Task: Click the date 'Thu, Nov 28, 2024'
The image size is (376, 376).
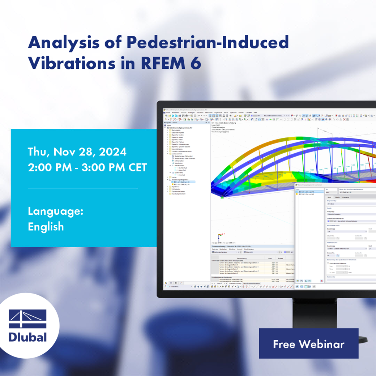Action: click(x=77, y=151)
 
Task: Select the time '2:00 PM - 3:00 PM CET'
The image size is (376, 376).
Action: click(x=87, y=167)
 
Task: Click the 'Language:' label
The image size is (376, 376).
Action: click(x=56, y=211)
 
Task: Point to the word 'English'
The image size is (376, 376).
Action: click(x=46, y=227)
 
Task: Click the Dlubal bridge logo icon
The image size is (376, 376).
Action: click(x=27, y=319)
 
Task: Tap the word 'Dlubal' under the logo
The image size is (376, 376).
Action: click(x=27, y=337)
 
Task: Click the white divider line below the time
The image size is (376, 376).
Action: click(x=83, y=188)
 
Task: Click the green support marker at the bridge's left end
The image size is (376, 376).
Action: click(x=222, y=197)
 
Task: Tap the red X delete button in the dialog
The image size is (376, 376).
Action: click(x=321, y=281)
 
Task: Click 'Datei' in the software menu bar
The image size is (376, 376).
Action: click(x=168, y=112)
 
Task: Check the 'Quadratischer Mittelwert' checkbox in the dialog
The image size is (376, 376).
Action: click(x=328, y=263)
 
